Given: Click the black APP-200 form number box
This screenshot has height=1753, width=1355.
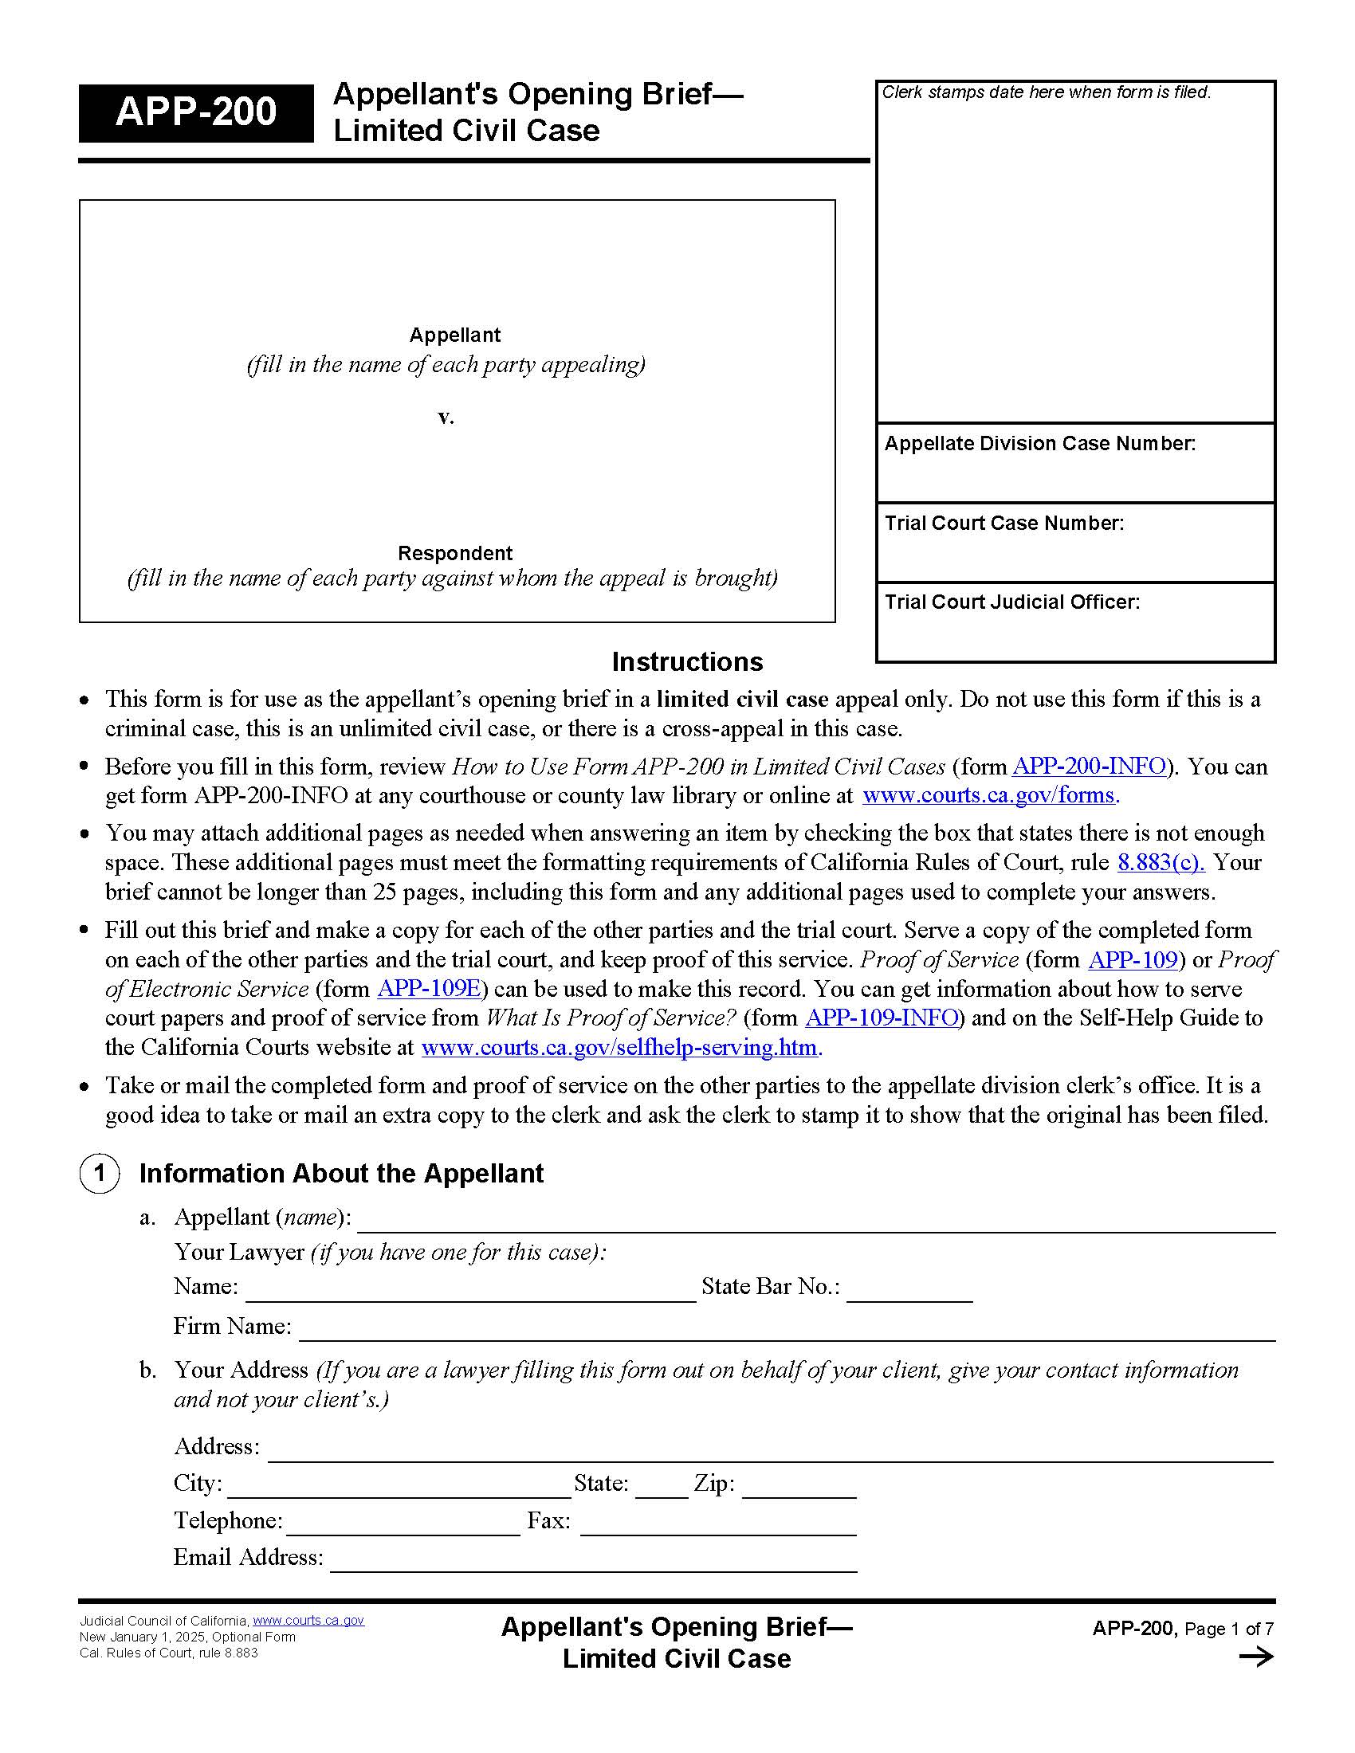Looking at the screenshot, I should (x=195, y=112).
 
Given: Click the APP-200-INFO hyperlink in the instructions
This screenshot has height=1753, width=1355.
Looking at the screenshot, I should (x=1089, y=767).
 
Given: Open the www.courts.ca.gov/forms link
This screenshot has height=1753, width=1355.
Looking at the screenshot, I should (x=989, y=795).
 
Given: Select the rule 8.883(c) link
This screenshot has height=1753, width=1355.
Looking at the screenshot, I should (x=1160, y=862).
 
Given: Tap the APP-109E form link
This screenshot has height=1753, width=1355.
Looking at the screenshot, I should (x=429, y=989).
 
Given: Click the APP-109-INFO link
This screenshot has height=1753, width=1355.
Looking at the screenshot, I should (x=882, y=1018).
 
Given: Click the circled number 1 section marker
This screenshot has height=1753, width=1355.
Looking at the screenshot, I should (x=100, y=1174).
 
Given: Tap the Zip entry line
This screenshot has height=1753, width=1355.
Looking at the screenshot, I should (x=799, y=1487).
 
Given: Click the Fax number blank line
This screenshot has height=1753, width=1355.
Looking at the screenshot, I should (x=717, y=1524).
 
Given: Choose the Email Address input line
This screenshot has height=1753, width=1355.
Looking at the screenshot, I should (x=593, y=1561).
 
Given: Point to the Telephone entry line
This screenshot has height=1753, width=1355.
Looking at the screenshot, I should (x=403, y=1524).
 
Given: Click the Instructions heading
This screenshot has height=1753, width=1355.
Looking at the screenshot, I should (x=686, y=661).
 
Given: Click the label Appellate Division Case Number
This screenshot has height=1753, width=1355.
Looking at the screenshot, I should (x=1039, y=444).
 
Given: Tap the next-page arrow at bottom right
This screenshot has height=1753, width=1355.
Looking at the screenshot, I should (x=1255, y=1657).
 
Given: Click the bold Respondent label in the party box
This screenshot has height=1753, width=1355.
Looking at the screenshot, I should (x=454, y=553).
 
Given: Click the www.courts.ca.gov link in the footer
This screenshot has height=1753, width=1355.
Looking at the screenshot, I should (x=308, y=1621).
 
